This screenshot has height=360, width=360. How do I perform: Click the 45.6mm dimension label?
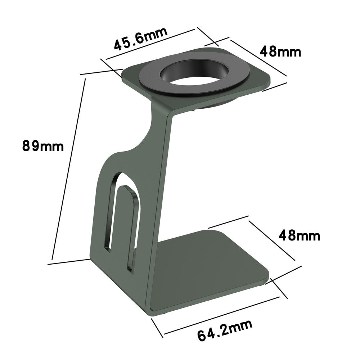[x=141, y=38]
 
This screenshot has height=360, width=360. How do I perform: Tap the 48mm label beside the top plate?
[x=280, y=52]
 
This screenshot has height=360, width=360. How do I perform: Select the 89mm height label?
[x=43, y=146]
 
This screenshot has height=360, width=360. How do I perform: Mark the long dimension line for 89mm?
[x=68, y=169]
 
